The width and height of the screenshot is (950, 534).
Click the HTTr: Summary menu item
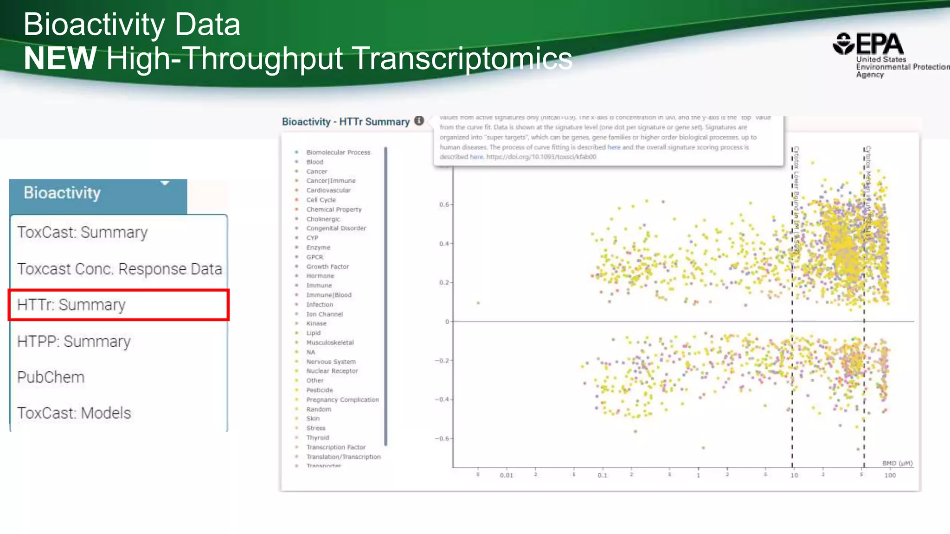tap(71, 305)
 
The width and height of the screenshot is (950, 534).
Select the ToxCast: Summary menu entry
tap(83, 232)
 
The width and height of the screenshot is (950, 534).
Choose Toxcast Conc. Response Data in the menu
tap(119, 269)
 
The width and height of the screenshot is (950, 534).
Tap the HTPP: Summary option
tap(74, 342)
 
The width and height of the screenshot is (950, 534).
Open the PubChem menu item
tap(51, 377)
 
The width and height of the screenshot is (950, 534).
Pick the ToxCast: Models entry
tap(74, 413)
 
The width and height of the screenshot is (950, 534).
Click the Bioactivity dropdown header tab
tap(98, 193)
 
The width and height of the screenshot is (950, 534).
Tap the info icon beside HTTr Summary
tap(419, 121)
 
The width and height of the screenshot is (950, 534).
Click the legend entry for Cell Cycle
tap(321, 200)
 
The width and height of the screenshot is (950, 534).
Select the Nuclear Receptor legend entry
tap(332, 371)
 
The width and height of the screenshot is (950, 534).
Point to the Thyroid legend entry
tap(317, 438)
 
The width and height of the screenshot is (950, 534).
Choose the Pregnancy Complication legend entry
tap(342, 400)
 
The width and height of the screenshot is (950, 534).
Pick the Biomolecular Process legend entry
tap(338, 152)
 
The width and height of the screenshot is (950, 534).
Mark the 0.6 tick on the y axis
tap(444, 204)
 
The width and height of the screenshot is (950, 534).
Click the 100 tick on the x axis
tap(890, 475)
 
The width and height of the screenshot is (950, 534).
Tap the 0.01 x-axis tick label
tap(507, 475)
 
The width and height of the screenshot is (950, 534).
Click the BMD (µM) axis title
tap(897, 463)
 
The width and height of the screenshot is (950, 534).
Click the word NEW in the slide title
tap(60, 58)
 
